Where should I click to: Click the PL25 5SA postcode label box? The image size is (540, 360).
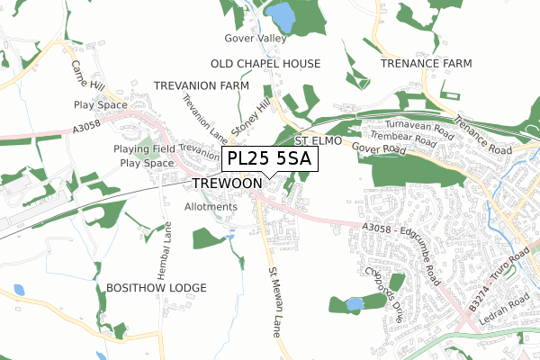tap(269, 159)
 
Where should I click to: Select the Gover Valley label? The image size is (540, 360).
tap(256, 39)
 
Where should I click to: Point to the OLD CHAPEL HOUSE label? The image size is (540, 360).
tap(265, 64)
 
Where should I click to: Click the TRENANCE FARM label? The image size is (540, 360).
tap(426, 64)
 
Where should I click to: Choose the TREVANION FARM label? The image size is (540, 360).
tap(201, 85)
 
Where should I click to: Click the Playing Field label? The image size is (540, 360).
tap(143, 148)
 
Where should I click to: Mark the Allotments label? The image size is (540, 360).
tap(210, 207)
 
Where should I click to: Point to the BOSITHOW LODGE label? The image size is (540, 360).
tap(156, 287)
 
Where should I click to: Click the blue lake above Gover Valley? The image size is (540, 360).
tap(281, 15)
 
